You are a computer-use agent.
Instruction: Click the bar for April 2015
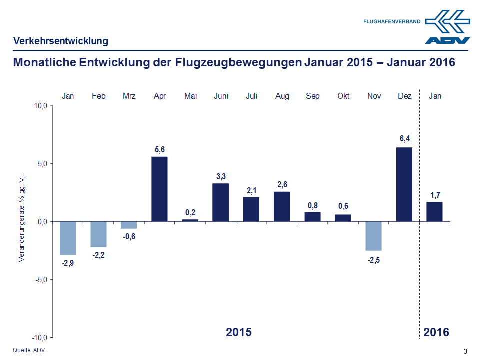(159, 189)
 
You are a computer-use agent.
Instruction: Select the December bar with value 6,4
(405, 184)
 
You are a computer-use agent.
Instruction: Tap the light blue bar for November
(374, 236)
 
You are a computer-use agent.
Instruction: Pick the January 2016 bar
(434, 211)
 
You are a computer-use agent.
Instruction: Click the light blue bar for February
(98, 234)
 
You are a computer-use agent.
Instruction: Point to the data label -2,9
(68, 263)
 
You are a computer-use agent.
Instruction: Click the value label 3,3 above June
(221, 176)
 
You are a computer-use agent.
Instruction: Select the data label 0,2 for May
(190, 212)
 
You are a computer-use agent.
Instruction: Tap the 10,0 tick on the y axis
(41, 106)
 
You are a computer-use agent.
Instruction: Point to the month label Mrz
(129, 96)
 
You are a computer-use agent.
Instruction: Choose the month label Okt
(343, 96)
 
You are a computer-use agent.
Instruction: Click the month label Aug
(282, 96)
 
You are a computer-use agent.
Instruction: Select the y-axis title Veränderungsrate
(22, 218)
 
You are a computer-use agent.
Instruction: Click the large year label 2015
(238, 332)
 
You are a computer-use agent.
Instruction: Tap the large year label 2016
(436, 332)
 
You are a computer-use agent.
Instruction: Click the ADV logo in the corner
(448, 27)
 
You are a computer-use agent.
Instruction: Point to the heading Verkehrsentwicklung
(61, 41)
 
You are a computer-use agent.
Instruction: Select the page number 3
(465, 351)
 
